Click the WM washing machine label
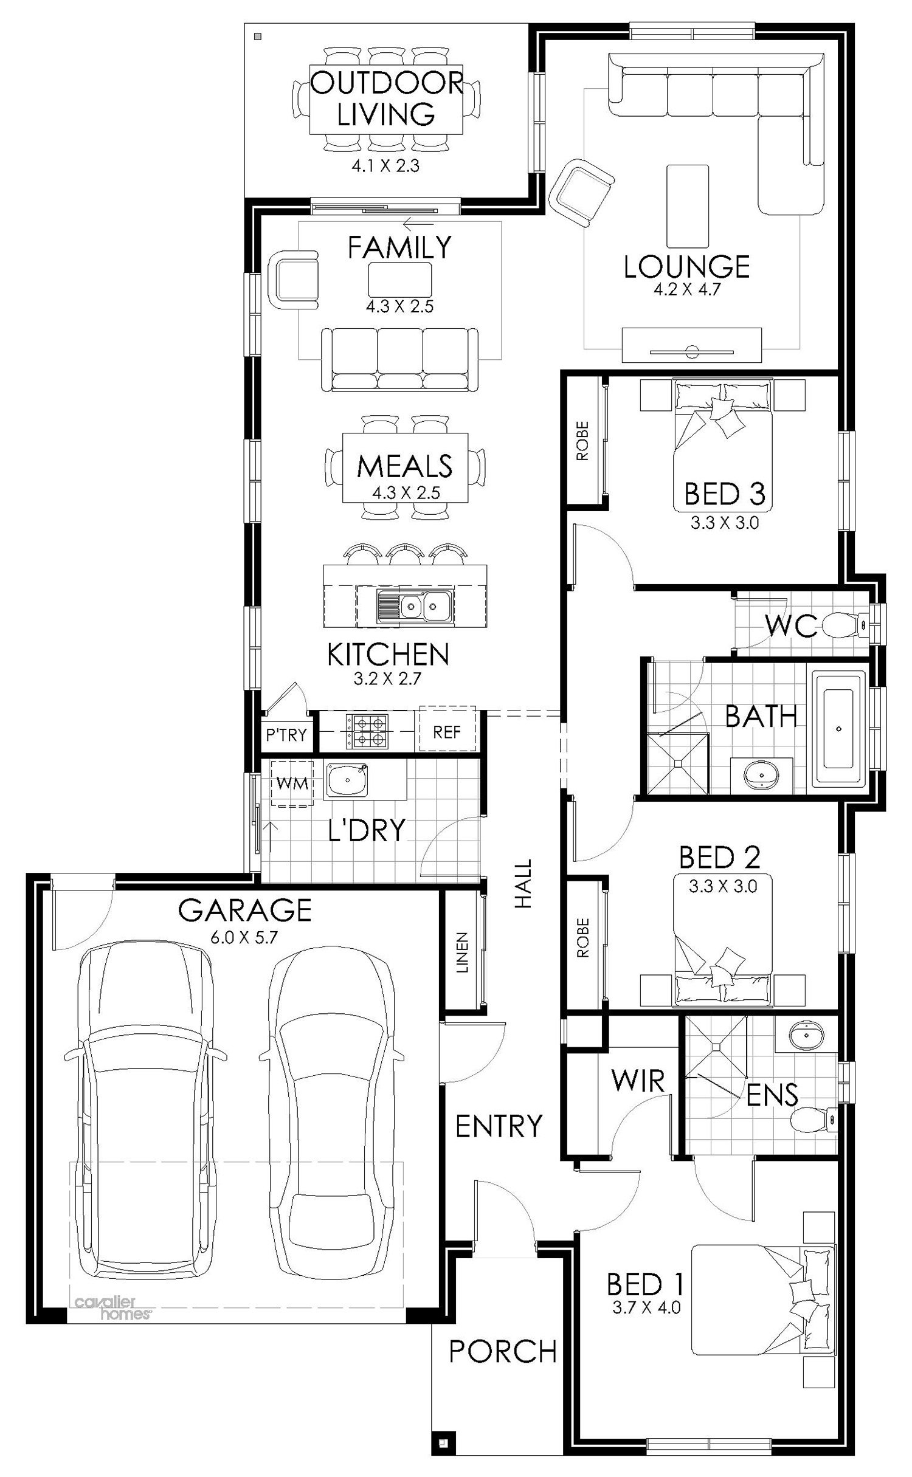(292, 783)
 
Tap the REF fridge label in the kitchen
(447, 732)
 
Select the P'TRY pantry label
(286, 735)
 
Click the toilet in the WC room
(845, 625)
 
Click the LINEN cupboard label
(463, 952)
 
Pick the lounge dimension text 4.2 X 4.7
(687, 289)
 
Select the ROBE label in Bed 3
(582, 441)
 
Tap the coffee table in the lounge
(688, 206)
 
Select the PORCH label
(503, 1351)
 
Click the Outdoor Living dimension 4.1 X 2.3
(385, 166)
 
